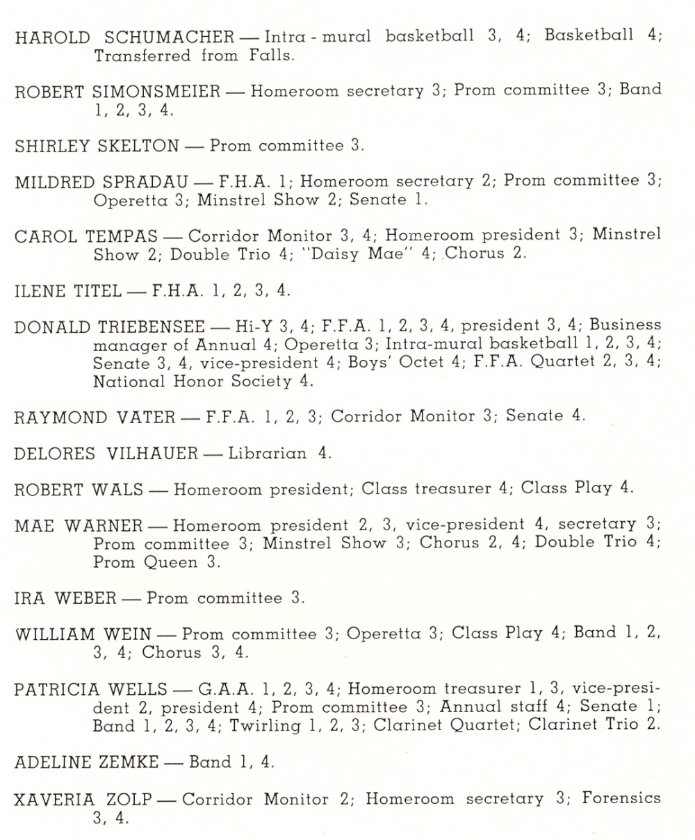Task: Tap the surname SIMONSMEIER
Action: [156, 92]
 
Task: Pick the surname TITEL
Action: [97, 290]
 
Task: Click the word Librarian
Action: [267, 454]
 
